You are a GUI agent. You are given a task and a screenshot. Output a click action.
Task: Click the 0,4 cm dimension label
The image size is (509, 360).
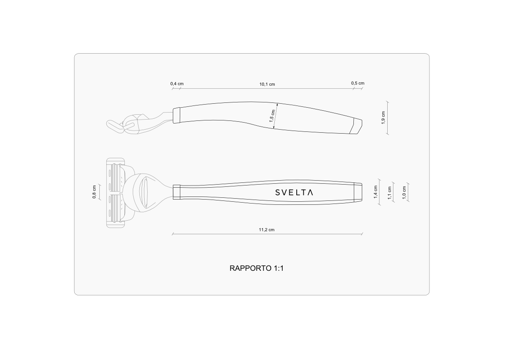[x=177, y=84]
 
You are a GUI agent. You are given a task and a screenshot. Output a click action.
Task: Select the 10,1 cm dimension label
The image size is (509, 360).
[x=267, y=84]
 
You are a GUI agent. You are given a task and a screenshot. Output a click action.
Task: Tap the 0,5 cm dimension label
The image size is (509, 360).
[x=357, y=83]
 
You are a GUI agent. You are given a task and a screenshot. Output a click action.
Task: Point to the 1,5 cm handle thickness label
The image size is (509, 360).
[x=272, y=115]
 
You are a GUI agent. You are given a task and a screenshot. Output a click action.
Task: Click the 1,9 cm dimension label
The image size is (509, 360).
[x=383, y=118]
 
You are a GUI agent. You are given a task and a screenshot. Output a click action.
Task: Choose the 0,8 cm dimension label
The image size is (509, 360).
[x=95, y=193]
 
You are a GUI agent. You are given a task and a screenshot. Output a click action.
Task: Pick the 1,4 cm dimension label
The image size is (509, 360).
[x=376, y=192]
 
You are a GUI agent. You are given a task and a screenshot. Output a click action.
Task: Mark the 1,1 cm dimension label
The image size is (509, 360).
[x=389, y=193]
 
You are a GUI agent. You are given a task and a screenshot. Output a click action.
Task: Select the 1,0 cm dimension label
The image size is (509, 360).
[x=404, y=193]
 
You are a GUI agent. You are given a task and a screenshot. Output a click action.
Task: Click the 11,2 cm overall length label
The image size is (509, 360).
[x=266, y=230]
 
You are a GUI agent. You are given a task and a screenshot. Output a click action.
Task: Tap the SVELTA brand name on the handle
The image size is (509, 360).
[x=294, y=193]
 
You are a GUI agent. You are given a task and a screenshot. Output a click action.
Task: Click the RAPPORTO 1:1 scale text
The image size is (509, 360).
[x=256, y=268]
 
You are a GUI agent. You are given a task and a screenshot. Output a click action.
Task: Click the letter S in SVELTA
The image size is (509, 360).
[x=278, y=193]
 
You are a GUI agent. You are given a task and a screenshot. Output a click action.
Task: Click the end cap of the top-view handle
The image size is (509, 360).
[x=358, y=192]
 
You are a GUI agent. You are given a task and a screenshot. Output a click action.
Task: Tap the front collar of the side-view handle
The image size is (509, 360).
[x=177, y=115]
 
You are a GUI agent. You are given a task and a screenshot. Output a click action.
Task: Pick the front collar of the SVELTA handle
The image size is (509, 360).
[x=177, y=192]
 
